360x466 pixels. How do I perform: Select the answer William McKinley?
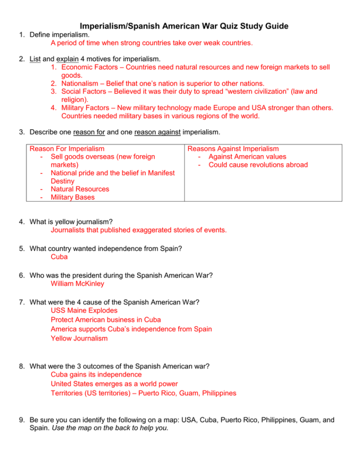point(77,283)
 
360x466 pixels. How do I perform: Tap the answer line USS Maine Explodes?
point(84,310)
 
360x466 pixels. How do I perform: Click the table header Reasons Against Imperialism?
point(233,149)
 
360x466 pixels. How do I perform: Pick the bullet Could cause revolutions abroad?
point(258,165)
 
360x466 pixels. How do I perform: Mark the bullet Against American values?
point(247,157)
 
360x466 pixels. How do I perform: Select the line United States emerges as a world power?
point(114,384)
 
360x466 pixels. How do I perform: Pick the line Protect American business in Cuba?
point(106,319)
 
